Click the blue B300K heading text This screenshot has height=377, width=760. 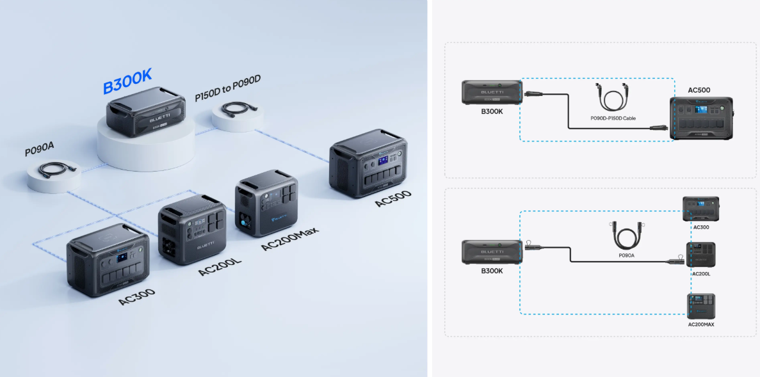[x=127, y=81]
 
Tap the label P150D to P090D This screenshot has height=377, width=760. [x=228, y=88]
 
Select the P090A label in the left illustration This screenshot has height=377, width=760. [x=39, y=149]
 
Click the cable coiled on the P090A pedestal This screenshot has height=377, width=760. [x=58, y=168]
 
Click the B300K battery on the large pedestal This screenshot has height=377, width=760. [x=145, y=111]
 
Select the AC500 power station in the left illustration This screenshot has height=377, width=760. [x=368, y=163]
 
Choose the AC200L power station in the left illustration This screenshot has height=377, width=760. [x=193, y=229]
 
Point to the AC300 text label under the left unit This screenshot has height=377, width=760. [x=137, y=296]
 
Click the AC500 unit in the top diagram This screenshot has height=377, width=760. [x=701, y=118]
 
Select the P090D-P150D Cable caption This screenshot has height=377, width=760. [x=613, y=118]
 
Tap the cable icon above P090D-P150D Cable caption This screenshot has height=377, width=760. [x=613, y=97]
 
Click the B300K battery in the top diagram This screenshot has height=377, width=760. [x=492, y=92]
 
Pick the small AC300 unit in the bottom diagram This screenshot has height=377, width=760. [x=701, y=209]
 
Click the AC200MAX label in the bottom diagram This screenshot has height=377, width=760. [x=701, y=324]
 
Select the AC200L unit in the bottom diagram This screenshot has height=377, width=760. [x=701, y=255]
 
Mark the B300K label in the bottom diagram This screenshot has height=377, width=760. [x=492, y=271]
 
